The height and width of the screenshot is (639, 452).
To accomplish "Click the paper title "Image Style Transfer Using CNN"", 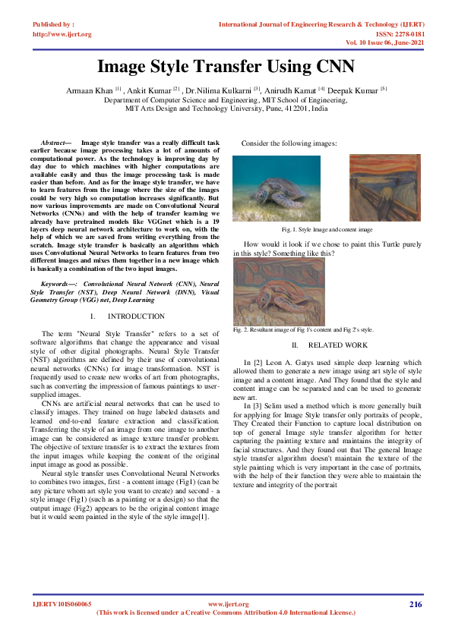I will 226,66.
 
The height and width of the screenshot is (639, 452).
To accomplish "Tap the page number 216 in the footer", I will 415,604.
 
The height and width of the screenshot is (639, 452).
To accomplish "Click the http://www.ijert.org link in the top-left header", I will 62,34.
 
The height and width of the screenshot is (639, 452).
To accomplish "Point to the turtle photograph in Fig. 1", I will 277,189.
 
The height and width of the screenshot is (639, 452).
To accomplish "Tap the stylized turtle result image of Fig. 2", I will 279,291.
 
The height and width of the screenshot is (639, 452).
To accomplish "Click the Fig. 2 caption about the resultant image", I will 303,330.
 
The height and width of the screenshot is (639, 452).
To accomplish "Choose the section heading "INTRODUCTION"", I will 136,316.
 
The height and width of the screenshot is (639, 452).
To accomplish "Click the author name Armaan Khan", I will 90,90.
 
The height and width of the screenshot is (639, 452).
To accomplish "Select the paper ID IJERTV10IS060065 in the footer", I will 62,604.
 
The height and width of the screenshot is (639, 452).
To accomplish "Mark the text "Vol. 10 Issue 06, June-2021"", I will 377,42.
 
